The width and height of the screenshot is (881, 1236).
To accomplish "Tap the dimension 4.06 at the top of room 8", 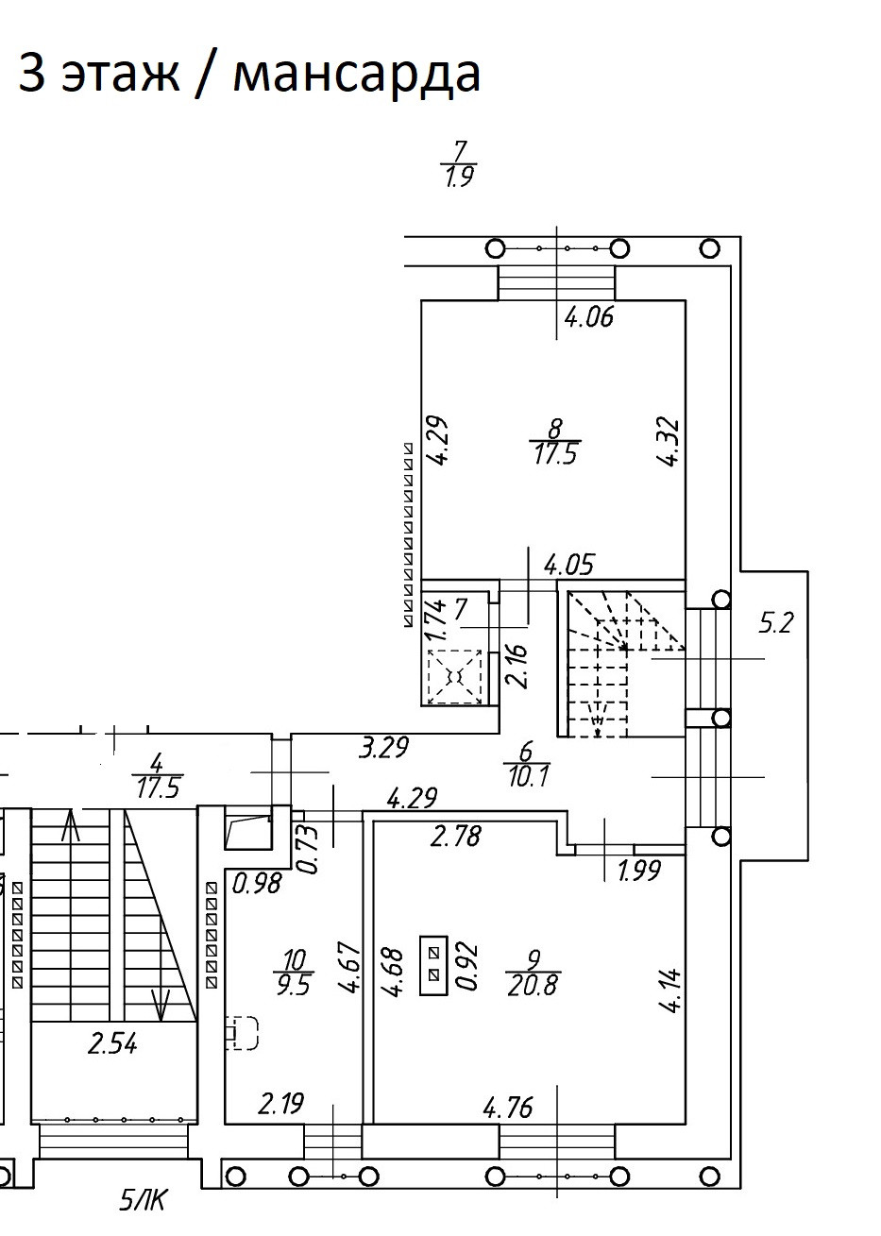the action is pyautogui.click(x=588, y=317).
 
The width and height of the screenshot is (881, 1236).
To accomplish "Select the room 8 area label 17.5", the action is pyautogui.click(x=555, y=455).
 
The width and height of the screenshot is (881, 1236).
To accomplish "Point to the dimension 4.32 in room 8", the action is pyautogui.click(x=671, y=442).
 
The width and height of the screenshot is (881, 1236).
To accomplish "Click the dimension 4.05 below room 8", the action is pyautogui.click(x=568, y=565).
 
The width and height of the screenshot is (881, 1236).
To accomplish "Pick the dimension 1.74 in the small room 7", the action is pyautogui.click(x=436, y=619).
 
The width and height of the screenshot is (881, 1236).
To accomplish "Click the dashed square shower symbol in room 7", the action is pyautogui.click(x=454, y=676).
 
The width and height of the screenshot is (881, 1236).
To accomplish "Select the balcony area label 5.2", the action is pyautogui.click(x=775, y=623).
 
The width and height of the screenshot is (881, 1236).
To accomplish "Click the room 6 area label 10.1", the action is pyautogui.click(x=527, y=777).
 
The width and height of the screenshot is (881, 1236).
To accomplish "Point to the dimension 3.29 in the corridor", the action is pyautogui.click(x=384, y=748).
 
